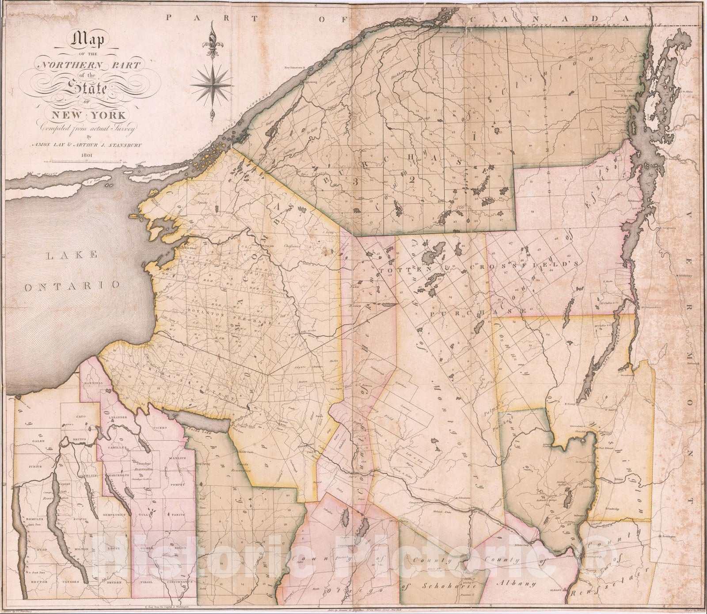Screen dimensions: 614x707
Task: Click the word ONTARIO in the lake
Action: (72, 286)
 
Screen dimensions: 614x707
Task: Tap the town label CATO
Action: (80, 417)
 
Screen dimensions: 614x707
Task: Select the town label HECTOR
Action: (39, 583)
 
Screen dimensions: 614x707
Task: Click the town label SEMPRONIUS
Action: (117, 515)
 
